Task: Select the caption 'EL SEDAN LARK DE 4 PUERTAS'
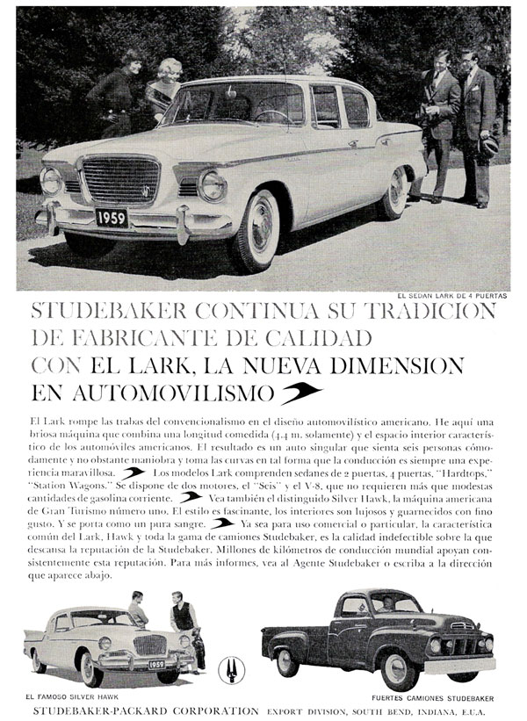451,296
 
